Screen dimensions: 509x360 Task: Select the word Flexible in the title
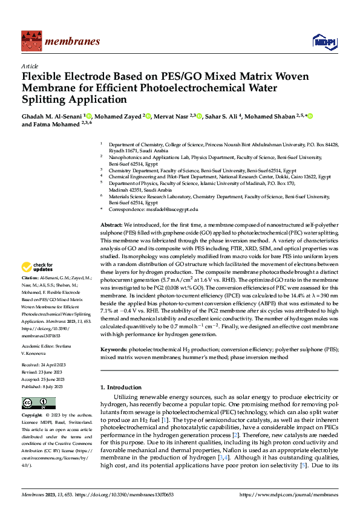[43, 77]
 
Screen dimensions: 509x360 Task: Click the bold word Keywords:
[114, 349]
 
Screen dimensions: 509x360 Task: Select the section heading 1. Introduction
[121, 387]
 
